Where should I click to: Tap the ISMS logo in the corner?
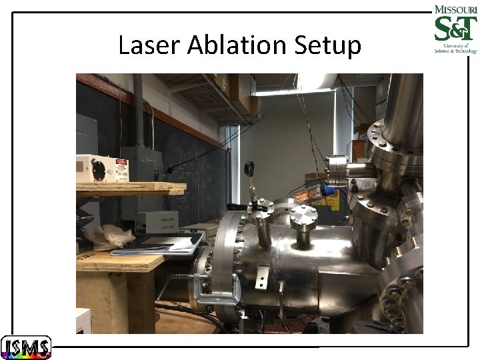click(25, 347)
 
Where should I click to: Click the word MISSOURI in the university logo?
click(455, 10)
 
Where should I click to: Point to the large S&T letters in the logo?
click(455, 30)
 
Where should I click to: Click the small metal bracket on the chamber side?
click(261, 276)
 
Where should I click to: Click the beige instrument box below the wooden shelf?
click(157, 221)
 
